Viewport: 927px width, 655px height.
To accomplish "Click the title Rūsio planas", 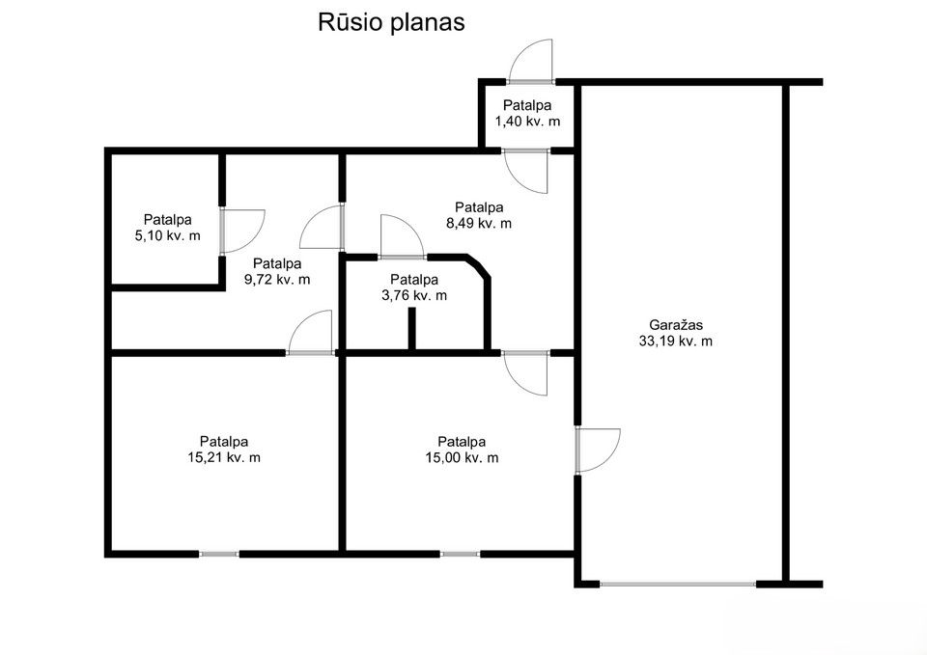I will coord(391,23).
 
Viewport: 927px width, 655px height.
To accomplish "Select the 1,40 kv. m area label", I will coord(527,122).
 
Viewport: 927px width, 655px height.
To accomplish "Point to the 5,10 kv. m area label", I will coord(167,235).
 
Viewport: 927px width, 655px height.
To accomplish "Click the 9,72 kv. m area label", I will coord(276,279).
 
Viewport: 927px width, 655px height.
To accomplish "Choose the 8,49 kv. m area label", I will coord(479,223).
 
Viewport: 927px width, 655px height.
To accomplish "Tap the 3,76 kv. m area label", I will coord(414,296).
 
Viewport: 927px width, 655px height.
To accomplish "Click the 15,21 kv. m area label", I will coord(224,457).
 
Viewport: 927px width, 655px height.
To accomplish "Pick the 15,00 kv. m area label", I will coord(462,457).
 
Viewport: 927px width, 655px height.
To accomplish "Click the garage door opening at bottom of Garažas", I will coord(677,583).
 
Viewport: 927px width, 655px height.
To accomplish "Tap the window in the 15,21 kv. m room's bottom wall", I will coord(219,554).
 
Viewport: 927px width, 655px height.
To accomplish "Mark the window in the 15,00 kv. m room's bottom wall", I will coord(460,554).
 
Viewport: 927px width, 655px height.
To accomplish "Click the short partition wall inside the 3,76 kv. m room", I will coord(411,329).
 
